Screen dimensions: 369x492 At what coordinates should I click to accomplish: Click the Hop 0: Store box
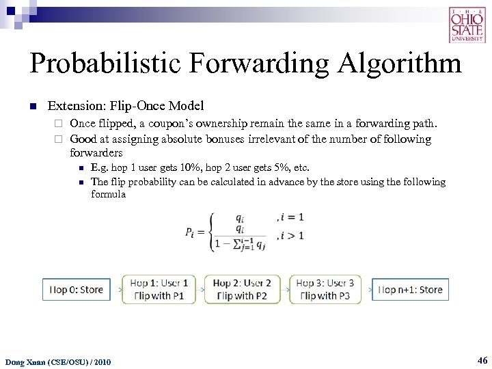pos(76,290)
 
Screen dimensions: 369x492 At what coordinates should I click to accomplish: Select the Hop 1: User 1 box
pos(159,290)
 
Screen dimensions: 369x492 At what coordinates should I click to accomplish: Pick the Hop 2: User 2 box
pos(242,290)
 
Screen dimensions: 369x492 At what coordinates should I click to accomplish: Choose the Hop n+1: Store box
pos(410,290)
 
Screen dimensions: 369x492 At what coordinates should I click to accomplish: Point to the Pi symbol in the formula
pos(194,232)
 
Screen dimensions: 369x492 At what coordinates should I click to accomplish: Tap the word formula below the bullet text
pos(108,194)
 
